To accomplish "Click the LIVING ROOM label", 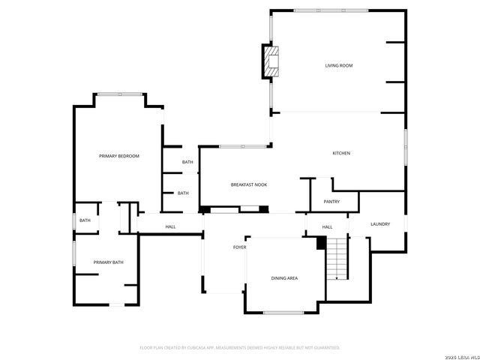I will (x=338, y=66).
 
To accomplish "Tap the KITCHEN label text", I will (x=341, y=154).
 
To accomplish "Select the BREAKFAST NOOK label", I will (x=248, y=184).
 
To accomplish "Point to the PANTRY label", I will (x=331, y=202).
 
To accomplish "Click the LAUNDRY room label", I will (x=379, y=223).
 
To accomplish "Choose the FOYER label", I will (x=239, y=247).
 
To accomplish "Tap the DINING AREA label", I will (x=284, y=278).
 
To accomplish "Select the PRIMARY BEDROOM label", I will (x=119, y=156).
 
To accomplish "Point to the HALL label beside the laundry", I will (x=327, y=227).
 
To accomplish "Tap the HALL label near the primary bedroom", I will (x=170, y=226).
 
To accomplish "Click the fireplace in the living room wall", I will (x=271, y=61).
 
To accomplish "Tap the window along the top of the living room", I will (x=331, y=10).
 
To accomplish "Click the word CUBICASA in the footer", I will (x=211, y=348).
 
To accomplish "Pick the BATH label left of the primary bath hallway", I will (x=85, y=220).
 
